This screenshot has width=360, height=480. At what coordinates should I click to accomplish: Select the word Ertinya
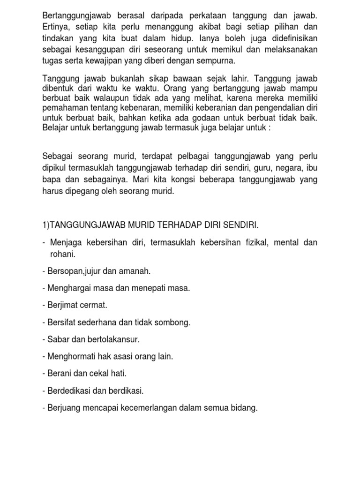coord(55,27)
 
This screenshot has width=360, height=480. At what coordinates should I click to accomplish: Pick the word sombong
coord(176,322)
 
